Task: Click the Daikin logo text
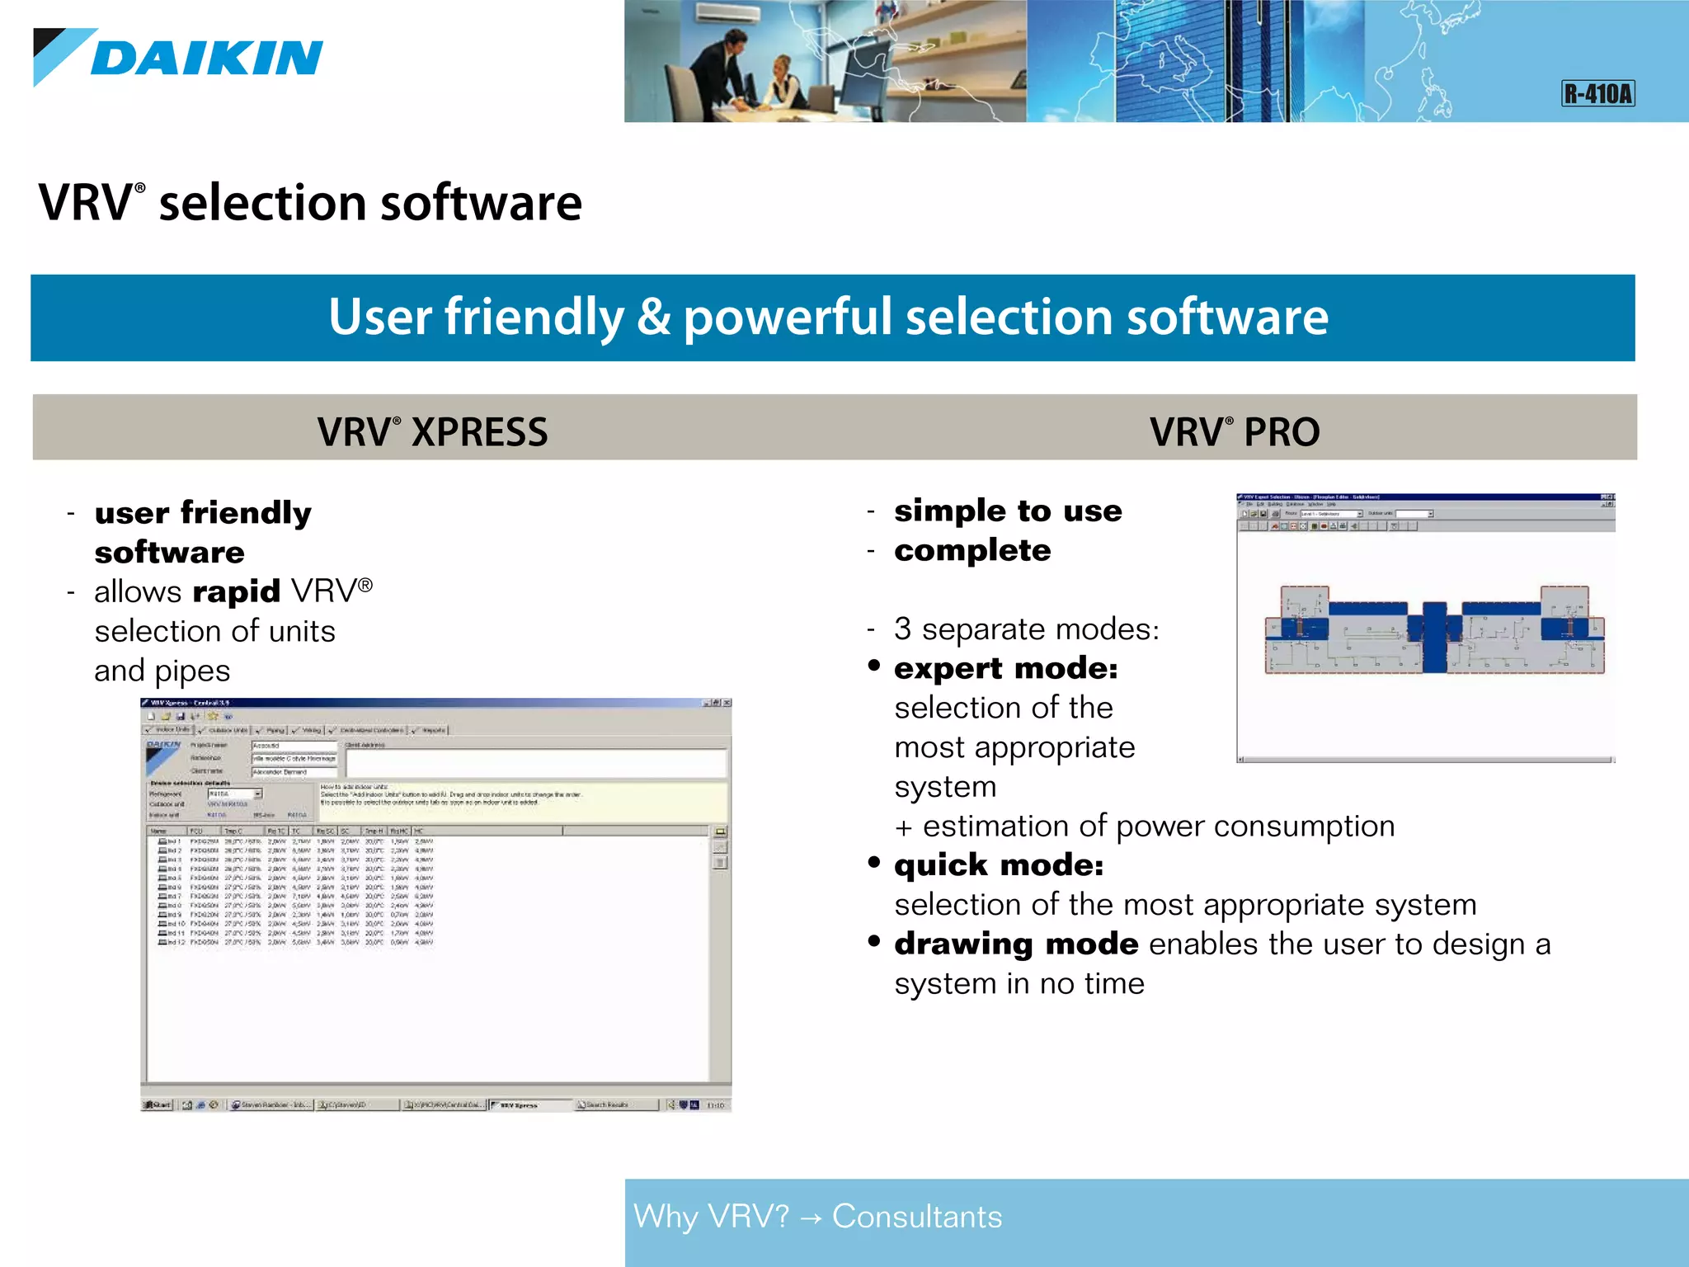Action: (206, 59)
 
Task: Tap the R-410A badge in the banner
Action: (1597, 93)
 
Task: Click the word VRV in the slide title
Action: (84, 203)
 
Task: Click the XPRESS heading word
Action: (479, 432)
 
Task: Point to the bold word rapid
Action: (236, 591)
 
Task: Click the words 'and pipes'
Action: (162, 671)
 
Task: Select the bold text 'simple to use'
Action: (1008, 511)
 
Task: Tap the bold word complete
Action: (972, 550)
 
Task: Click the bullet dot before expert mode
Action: (874, 666)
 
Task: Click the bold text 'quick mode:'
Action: (998, 865)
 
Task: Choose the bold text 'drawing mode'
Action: (1016, 944)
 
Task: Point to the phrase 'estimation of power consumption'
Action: (1158, 826)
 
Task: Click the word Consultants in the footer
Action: (917, 1217)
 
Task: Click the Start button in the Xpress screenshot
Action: (157, 1105)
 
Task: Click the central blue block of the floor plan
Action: (1434, 636)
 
